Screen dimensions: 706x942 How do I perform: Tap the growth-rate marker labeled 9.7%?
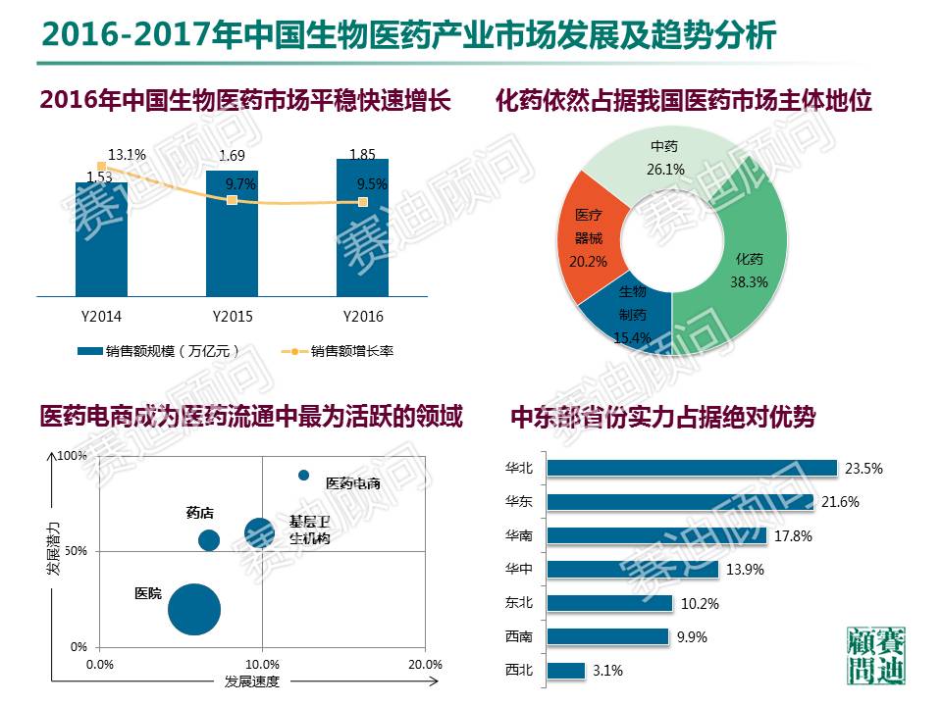(x=232, y=200)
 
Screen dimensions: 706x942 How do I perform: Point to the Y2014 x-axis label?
(x=100, y=317)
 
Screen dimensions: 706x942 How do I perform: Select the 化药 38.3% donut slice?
(x=751, y=265)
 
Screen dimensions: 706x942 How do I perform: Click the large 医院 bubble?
(x=193, y=609)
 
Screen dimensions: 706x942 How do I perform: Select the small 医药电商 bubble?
(x=303, y=476)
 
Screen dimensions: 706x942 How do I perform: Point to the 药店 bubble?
(x=208, y=540)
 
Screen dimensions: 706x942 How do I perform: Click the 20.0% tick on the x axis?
(x=424, y=664)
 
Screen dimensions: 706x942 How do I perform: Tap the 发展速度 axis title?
(x=252, y=681)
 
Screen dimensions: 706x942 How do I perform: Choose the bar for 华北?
(x=691, y=469)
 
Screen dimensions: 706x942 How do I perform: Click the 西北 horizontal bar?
(x=565, y=671)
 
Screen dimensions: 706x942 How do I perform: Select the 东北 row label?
(x=517, y=603)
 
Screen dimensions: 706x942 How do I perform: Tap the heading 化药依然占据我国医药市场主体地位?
(x=684, y=101)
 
